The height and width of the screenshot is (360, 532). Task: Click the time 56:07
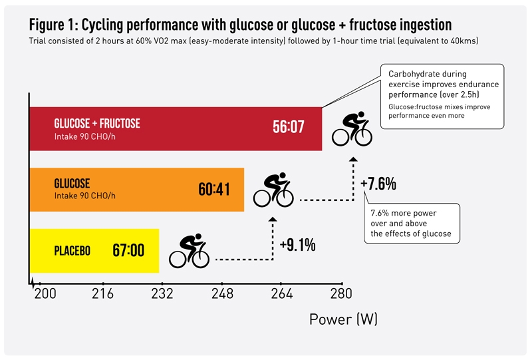(x=288, y=126)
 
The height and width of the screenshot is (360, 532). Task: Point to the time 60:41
(x=213, y=189)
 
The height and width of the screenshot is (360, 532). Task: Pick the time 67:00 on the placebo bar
(x=128, y=251)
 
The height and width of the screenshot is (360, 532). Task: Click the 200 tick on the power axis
(x=45, y=293)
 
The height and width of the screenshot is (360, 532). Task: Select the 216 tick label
(x=104, y=293)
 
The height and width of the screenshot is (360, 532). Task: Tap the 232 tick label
(x=163, y=293)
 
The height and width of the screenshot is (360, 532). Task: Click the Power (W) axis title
(x=343, y=319)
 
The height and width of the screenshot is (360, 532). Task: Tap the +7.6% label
(x=378, y=183)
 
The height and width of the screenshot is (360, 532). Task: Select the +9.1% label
(x=297, y=245)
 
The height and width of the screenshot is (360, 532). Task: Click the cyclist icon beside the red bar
(x=352, y=129)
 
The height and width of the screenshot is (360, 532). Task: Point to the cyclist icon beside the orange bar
(x=273, y=190)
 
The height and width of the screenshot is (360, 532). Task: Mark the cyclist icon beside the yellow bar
(x=189, y=251)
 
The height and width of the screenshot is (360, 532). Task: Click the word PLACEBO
(x=72, y=252)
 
